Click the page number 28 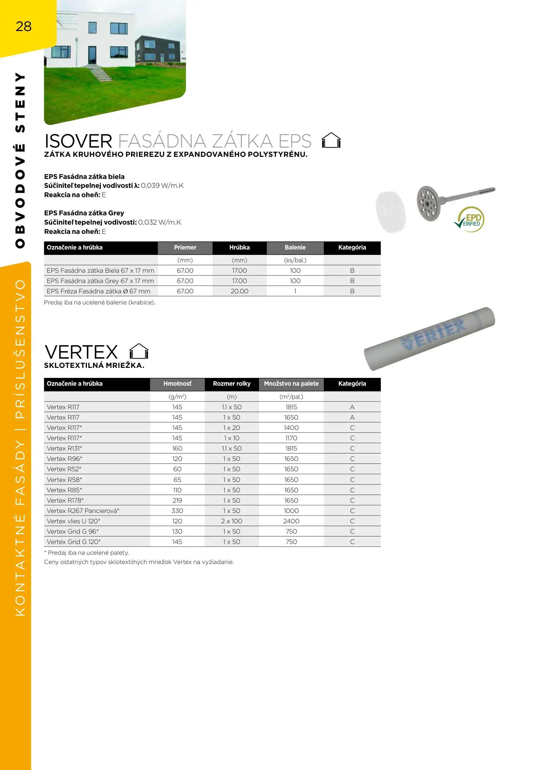(24, 26)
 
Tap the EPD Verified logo (470, 220)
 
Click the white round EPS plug (391, 212)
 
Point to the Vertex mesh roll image (430, 338)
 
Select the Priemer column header (185, 248)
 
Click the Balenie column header (295, 248)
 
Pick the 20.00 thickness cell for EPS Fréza (239, 291)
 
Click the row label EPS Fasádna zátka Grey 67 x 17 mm (100, 281)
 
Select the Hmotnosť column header (177, 384)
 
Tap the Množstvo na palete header (291, 384)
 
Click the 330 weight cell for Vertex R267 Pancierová (177, 511)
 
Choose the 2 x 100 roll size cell (232, 521)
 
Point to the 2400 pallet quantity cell (291, 521)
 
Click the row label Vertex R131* (64, 448)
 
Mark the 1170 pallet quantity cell (291, 438)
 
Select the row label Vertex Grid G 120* (74, 542)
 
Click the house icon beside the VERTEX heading (139, 351)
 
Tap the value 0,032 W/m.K (160, 222)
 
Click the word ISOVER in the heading (78, 141)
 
